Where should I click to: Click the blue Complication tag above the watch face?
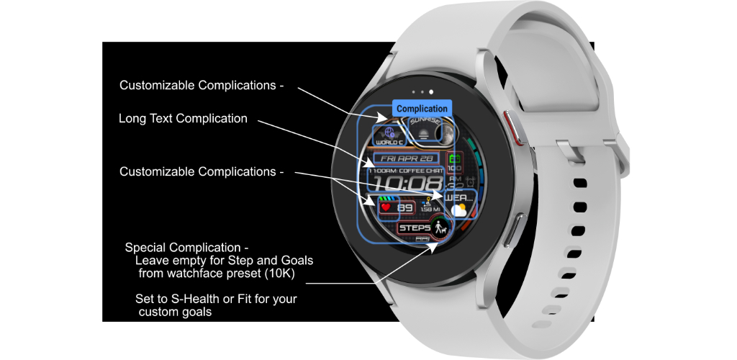422,109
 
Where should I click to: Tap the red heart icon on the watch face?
385,208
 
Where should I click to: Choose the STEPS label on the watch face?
415,228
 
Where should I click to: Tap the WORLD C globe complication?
390,134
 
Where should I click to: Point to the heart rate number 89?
405,209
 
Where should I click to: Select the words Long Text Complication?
183,119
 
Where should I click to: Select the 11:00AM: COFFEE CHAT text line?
404,171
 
